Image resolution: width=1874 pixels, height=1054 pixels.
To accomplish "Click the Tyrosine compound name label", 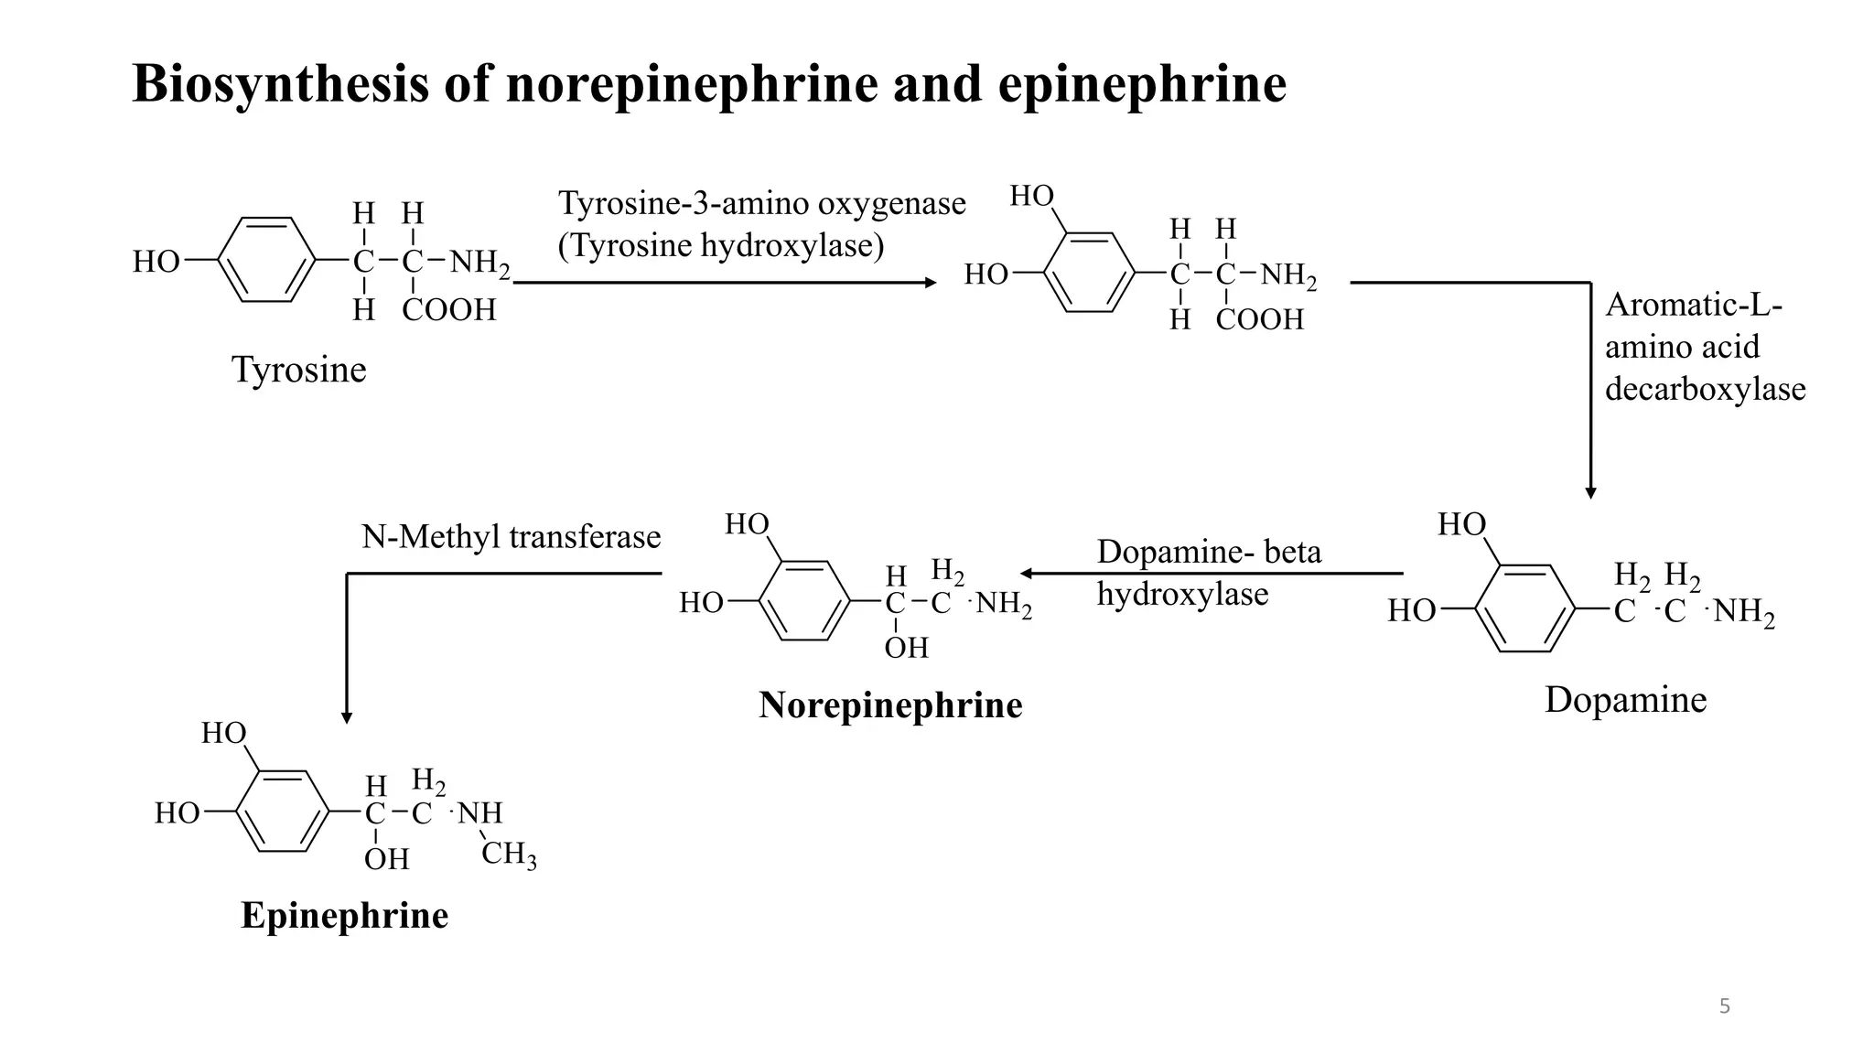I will pyautogui.click(x=298, y=370).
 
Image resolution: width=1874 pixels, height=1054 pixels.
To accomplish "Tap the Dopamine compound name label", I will pyautogui.click(x=1625, y=700).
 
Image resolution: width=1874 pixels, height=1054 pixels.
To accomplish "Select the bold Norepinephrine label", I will pyautogui.click(x=890, y=705).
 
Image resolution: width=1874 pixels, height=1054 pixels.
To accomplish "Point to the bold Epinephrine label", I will pyautogui.click(x=344, y=916).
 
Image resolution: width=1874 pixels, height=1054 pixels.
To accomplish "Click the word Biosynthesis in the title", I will pyautogui.click(x=280, y=84).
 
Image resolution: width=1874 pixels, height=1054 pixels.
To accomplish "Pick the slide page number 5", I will pyautogui.click(x=1724, y=1007).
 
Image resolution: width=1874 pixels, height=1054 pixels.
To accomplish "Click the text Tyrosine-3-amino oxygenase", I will pyautogui.click(x=761, y=203).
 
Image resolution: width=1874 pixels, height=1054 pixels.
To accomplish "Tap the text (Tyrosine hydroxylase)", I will pyautogui.click(x=721, y=246).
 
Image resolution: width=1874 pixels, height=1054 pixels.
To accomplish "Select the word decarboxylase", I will pyautogui.click(x=1705, y=389).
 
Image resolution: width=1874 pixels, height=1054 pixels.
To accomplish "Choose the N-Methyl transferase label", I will pyautogui.click(x=511, y=537).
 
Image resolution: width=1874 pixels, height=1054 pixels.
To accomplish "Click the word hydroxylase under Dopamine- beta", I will pyautogui.click(x=1182, y=595).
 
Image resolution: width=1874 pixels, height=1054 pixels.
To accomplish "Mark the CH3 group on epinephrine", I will pyautogui.click(x=509, y=855).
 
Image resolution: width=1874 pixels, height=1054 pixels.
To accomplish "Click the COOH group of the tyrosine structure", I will pyautogui.click(x=448, y=310).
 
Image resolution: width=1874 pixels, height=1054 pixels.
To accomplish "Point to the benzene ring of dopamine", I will pyautogui.click(x=1524, y=608).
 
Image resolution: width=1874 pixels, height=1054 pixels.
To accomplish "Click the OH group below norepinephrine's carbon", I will pyautogui.click(x=906, y=648).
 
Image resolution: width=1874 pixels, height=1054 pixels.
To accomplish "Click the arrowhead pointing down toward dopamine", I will pyautogui.click(x=1590, y=492).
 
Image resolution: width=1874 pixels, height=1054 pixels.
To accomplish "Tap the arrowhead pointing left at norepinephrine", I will pyautogui.click(x=1027, y=574).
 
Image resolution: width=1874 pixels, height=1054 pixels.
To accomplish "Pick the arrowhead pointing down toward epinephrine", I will pyautogui.click(x=347, y=717).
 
